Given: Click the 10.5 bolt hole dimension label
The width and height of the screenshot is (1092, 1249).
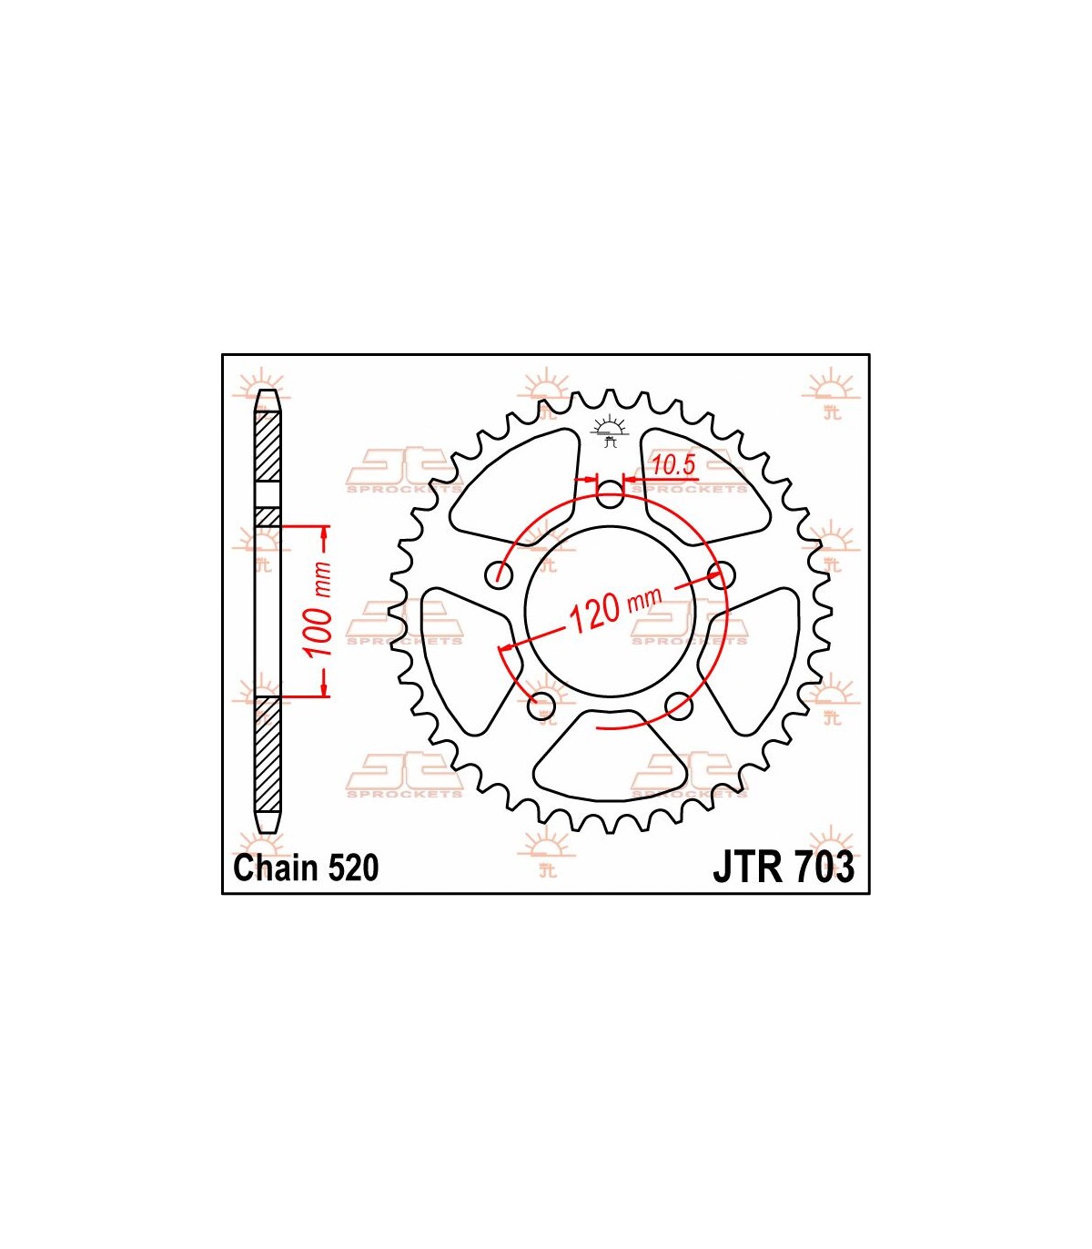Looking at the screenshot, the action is point(673,466).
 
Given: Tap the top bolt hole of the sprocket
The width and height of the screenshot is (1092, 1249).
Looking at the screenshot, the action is point(610,493).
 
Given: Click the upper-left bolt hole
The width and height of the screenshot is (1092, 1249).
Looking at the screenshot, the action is point(499,574).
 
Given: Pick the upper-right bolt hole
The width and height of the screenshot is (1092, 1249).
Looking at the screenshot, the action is point(721,574).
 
